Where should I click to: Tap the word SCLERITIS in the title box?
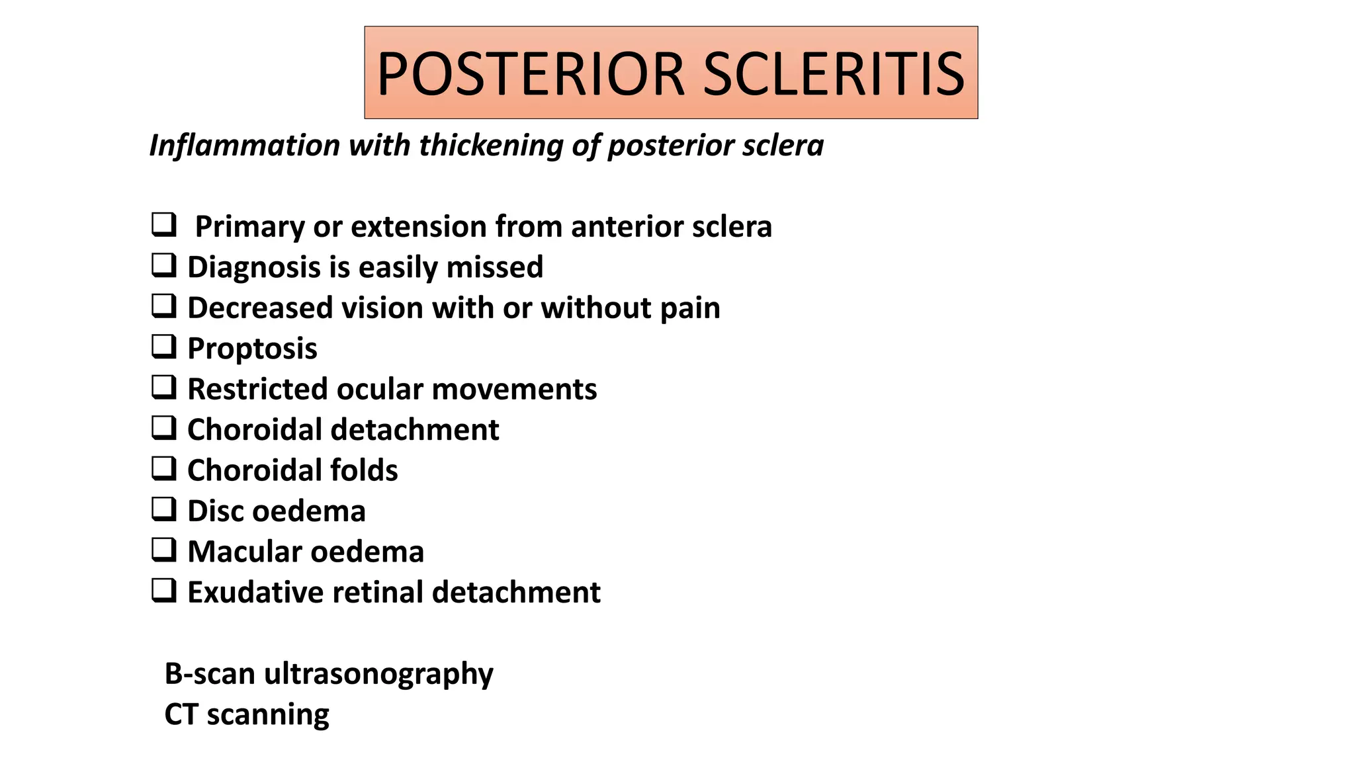pyautogui.click(x=834, y=74)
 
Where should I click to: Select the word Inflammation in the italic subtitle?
pyautogui.click(x=245, y=146)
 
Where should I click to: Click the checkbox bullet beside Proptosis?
pyautogui.click(x=163, y=347)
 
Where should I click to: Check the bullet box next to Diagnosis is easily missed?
pyautogui.click(x=163, y=265)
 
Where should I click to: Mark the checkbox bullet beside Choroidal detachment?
pyautogui.click(x=163, y=428)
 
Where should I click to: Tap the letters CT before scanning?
pyautogui.click(x=181, y=714)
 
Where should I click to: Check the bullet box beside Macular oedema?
pyautogui.click(x=163, y=550)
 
